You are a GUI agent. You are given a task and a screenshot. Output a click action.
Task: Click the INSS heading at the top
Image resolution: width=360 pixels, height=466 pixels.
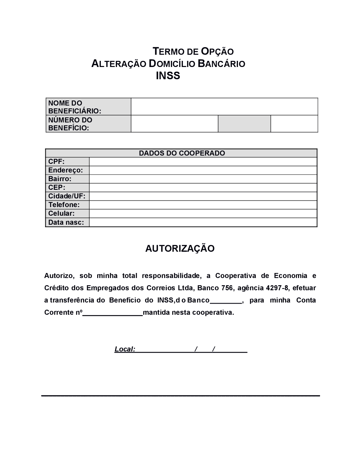pos(168,76)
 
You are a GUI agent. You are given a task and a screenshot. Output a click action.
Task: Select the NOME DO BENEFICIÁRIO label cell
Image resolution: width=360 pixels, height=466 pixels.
pos(89,107)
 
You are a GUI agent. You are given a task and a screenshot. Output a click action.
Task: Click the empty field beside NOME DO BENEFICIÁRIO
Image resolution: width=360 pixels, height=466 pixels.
pos(224,107)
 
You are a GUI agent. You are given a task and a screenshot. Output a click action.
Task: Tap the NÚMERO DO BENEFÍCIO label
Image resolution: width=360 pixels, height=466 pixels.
pos(89,124)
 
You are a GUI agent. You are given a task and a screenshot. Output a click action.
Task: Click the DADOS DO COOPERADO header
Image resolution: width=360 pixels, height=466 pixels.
pos(182,153)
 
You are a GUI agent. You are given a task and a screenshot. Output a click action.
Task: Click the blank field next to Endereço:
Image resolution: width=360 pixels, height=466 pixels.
pos(203,170)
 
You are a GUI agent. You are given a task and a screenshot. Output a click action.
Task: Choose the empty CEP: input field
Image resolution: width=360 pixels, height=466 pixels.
pos(203,188)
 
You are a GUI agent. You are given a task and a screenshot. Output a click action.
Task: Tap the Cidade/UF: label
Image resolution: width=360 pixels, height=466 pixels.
pos(67,196)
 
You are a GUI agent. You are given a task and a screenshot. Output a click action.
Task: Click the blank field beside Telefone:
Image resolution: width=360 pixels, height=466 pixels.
pos(203,205)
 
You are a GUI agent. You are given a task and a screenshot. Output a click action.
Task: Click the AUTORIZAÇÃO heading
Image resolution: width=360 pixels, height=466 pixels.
pos(180,248)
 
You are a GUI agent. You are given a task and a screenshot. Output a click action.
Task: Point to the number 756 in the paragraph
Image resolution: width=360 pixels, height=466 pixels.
pos(227,288)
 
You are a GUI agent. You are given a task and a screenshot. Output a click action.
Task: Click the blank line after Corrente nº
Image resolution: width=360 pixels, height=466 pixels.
pos(113,313)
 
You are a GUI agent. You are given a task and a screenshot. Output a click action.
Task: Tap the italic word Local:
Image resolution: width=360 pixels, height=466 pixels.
pos(125,349)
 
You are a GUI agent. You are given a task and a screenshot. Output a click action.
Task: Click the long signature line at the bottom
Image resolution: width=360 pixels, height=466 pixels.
pos(180,396)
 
